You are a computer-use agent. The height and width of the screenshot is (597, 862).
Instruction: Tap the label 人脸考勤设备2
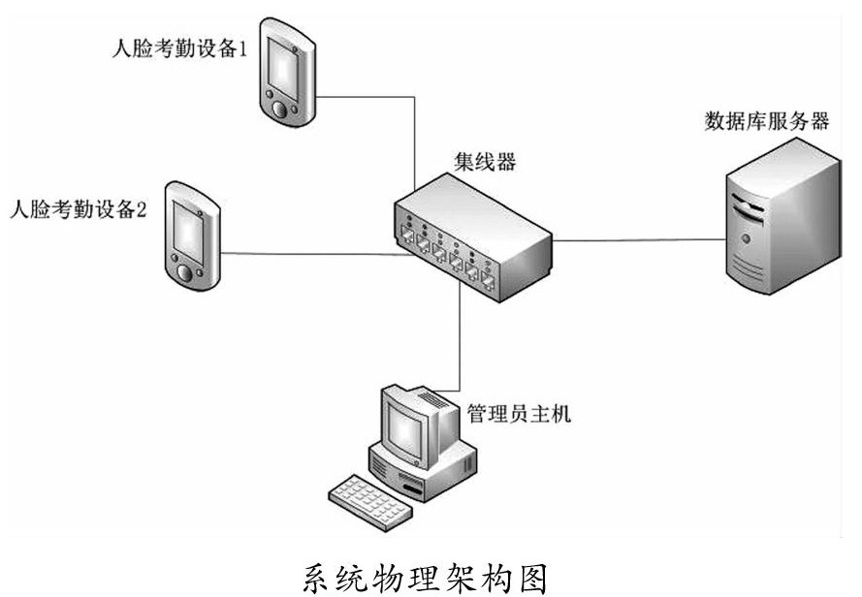pyautogui.click(x=77, y=210)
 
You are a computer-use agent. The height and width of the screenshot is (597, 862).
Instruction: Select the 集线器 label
pyautogui.click(x=485, y=162)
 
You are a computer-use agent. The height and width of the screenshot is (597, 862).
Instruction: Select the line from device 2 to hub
pyautogui.click(x=310, y=255)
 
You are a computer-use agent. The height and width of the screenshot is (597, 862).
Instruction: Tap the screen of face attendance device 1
pyautogui.click(x=285, y=63)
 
